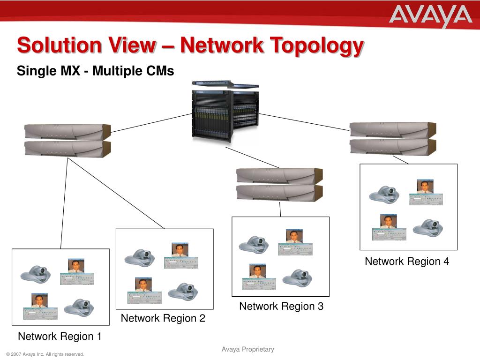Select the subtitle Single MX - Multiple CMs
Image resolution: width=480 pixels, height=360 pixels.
tap(95, 71)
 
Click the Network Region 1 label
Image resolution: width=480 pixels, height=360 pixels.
tap(60, 336)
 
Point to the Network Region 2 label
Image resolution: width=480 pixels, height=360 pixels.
tap(163, 318)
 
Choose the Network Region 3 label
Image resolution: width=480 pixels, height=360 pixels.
tap(281, 306)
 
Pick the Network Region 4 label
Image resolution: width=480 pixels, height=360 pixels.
tap(407, 261)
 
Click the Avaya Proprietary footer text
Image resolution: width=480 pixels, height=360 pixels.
tap(248, 349)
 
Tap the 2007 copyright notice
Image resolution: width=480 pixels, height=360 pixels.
tap(45, 354)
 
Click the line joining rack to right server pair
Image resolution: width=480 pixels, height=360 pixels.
tap(305, 121)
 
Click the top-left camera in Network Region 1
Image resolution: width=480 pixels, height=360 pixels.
tap(35, 273)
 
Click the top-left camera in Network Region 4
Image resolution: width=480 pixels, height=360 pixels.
tap(384, 194)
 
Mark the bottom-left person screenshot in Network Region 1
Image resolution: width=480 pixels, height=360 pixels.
tap(40, 307)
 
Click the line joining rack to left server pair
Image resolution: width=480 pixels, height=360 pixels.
tap(151, 123)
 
